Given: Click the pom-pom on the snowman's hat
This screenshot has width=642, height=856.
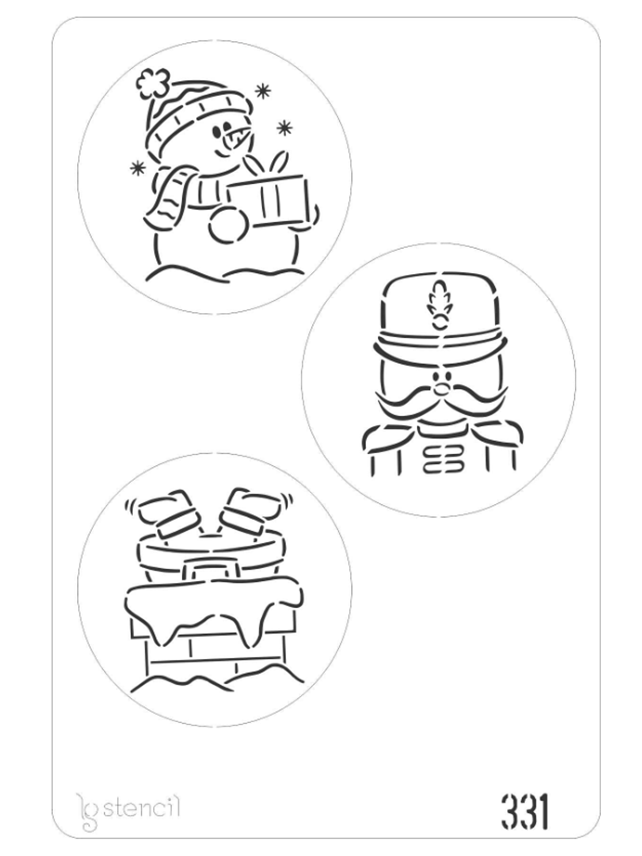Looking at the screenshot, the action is [153, 83].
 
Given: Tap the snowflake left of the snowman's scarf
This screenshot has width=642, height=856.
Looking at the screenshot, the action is [137, 168].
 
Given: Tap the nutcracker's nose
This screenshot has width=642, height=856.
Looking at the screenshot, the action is [441, 389].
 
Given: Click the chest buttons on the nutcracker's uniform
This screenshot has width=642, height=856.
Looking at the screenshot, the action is [443, 461].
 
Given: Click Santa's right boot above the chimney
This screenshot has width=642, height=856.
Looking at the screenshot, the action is [253, 511].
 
